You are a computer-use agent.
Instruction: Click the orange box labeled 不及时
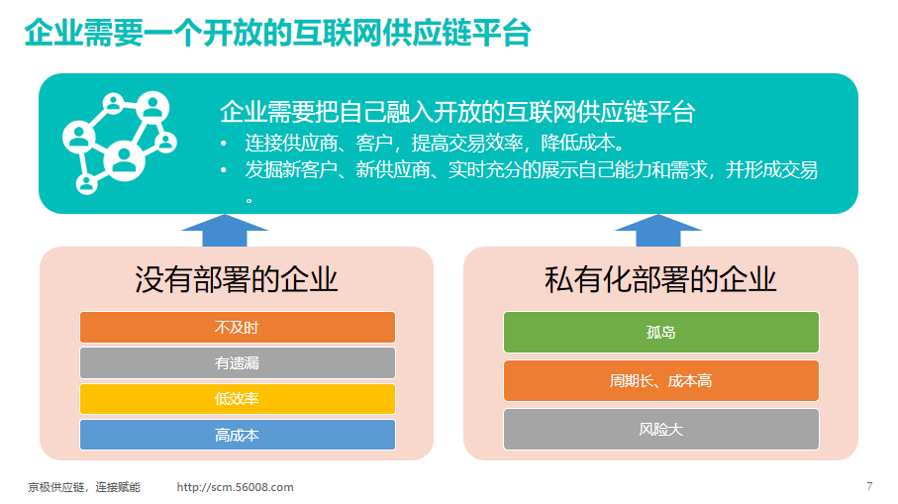click(x=237, y=327)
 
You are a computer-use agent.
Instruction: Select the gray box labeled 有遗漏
click(x=237, y=362)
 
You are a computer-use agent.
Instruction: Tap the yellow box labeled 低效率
click(x=237, y=399)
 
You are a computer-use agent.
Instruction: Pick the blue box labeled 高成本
click(x=237, y=435)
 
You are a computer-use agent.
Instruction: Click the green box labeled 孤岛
click(x=661, y=332)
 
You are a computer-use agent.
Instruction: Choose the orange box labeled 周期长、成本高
click(x=661, y=381)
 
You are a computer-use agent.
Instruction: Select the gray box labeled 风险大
click(x=661, y=430)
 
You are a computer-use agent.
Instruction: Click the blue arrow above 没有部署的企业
click(x=225, y=231)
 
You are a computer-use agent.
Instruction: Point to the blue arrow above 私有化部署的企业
click(x=658, y=231)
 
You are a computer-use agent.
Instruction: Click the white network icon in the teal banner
click(x=119, y=143)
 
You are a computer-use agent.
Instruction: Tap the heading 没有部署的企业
click(x=236, y=280)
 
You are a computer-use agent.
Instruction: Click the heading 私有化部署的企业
click(x=660, y=280)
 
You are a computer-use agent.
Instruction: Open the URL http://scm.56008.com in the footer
click(x=235, y=487)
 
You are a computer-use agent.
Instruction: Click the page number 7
click(x=869, y=486)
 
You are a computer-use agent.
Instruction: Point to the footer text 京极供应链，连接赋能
click(x=84, y=487)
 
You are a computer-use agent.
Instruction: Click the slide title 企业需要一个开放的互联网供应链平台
click(x=278, y=33)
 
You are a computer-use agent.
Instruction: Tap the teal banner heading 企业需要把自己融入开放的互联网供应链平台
click(x=457, y=112)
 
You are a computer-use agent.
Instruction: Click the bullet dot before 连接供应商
click(x=224, y=144)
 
